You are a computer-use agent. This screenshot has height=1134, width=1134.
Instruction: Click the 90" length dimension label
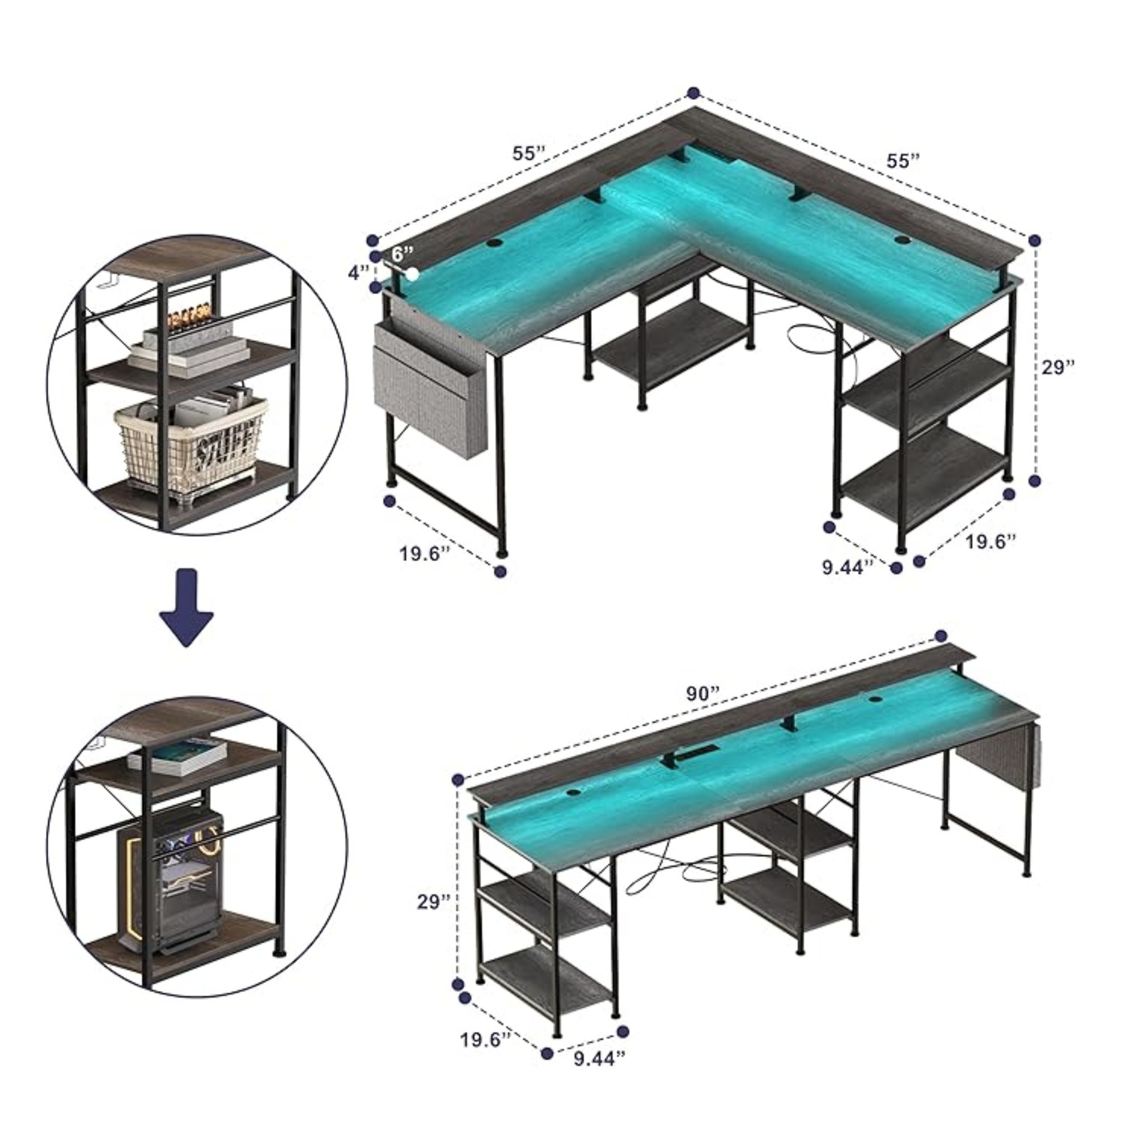tap(703, 694)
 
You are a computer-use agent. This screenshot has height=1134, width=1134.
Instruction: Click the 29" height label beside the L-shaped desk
tap(1058, 367)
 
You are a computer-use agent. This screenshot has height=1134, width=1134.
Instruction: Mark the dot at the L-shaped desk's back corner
tap(694, 92)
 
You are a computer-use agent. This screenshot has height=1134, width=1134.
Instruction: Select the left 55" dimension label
tap(530, 153)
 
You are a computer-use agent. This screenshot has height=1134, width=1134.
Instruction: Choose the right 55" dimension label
tap(903, 160)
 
